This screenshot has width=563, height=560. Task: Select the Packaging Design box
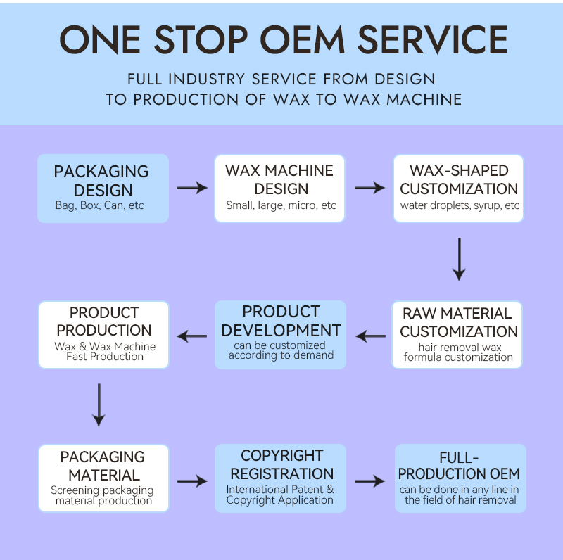point(103,188)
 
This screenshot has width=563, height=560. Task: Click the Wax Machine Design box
point(280,188)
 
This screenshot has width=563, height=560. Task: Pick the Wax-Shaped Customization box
point(459,188)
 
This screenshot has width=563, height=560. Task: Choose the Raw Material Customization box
point(459,335)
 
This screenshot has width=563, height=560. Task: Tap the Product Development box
point(280,335)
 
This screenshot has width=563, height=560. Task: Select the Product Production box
point(104,335)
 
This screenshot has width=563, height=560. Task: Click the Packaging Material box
point(104,478)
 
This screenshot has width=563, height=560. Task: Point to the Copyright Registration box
point(280,478)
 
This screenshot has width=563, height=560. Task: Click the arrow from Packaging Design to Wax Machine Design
point(192,188)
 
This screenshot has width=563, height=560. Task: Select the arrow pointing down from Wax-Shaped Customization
point(459,259)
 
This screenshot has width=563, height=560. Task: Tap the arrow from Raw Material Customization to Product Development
point(370,336)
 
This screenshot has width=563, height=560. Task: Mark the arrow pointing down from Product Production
point(99,404)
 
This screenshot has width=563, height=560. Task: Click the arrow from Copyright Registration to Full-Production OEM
point(370,481)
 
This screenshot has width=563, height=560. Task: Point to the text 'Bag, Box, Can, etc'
point(99,206)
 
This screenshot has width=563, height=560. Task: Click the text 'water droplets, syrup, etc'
point(460,206)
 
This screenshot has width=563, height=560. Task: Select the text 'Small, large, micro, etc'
point(281,206)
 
